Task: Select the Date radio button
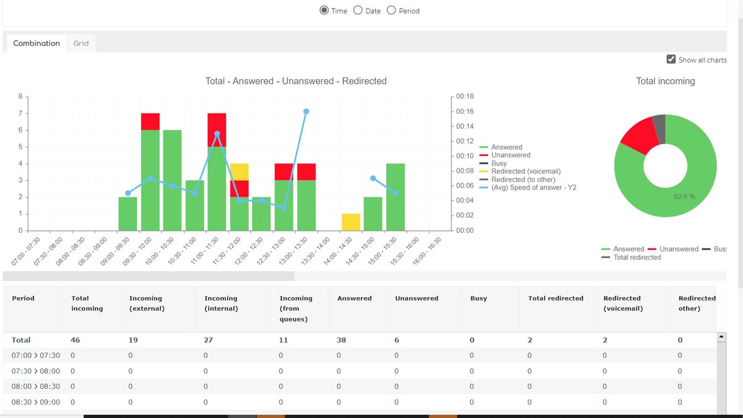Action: [358, 11]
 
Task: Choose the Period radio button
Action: [391, 11]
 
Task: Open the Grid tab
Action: [81, 43]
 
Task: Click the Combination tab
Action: [37, 43]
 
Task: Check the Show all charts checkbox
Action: [671, 59]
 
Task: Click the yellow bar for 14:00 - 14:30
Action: [351, 222]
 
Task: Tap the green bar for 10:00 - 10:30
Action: [172, 180]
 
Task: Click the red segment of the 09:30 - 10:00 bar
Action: [150, 121]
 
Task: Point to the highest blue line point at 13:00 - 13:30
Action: [306, 111]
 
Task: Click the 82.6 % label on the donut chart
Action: [684, 196]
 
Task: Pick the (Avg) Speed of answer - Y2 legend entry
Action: [534, 188]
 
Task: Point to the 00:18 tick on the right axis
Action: [465, 97]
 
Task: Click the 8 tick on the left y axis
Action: [20, 97]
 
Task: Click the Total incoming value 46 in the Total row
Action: [76, 340]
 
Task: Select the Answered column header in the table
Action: [354, 298]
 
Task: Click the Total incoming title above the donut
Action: [665, 81]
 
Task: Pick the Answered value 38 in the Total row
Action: [342, 340]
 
